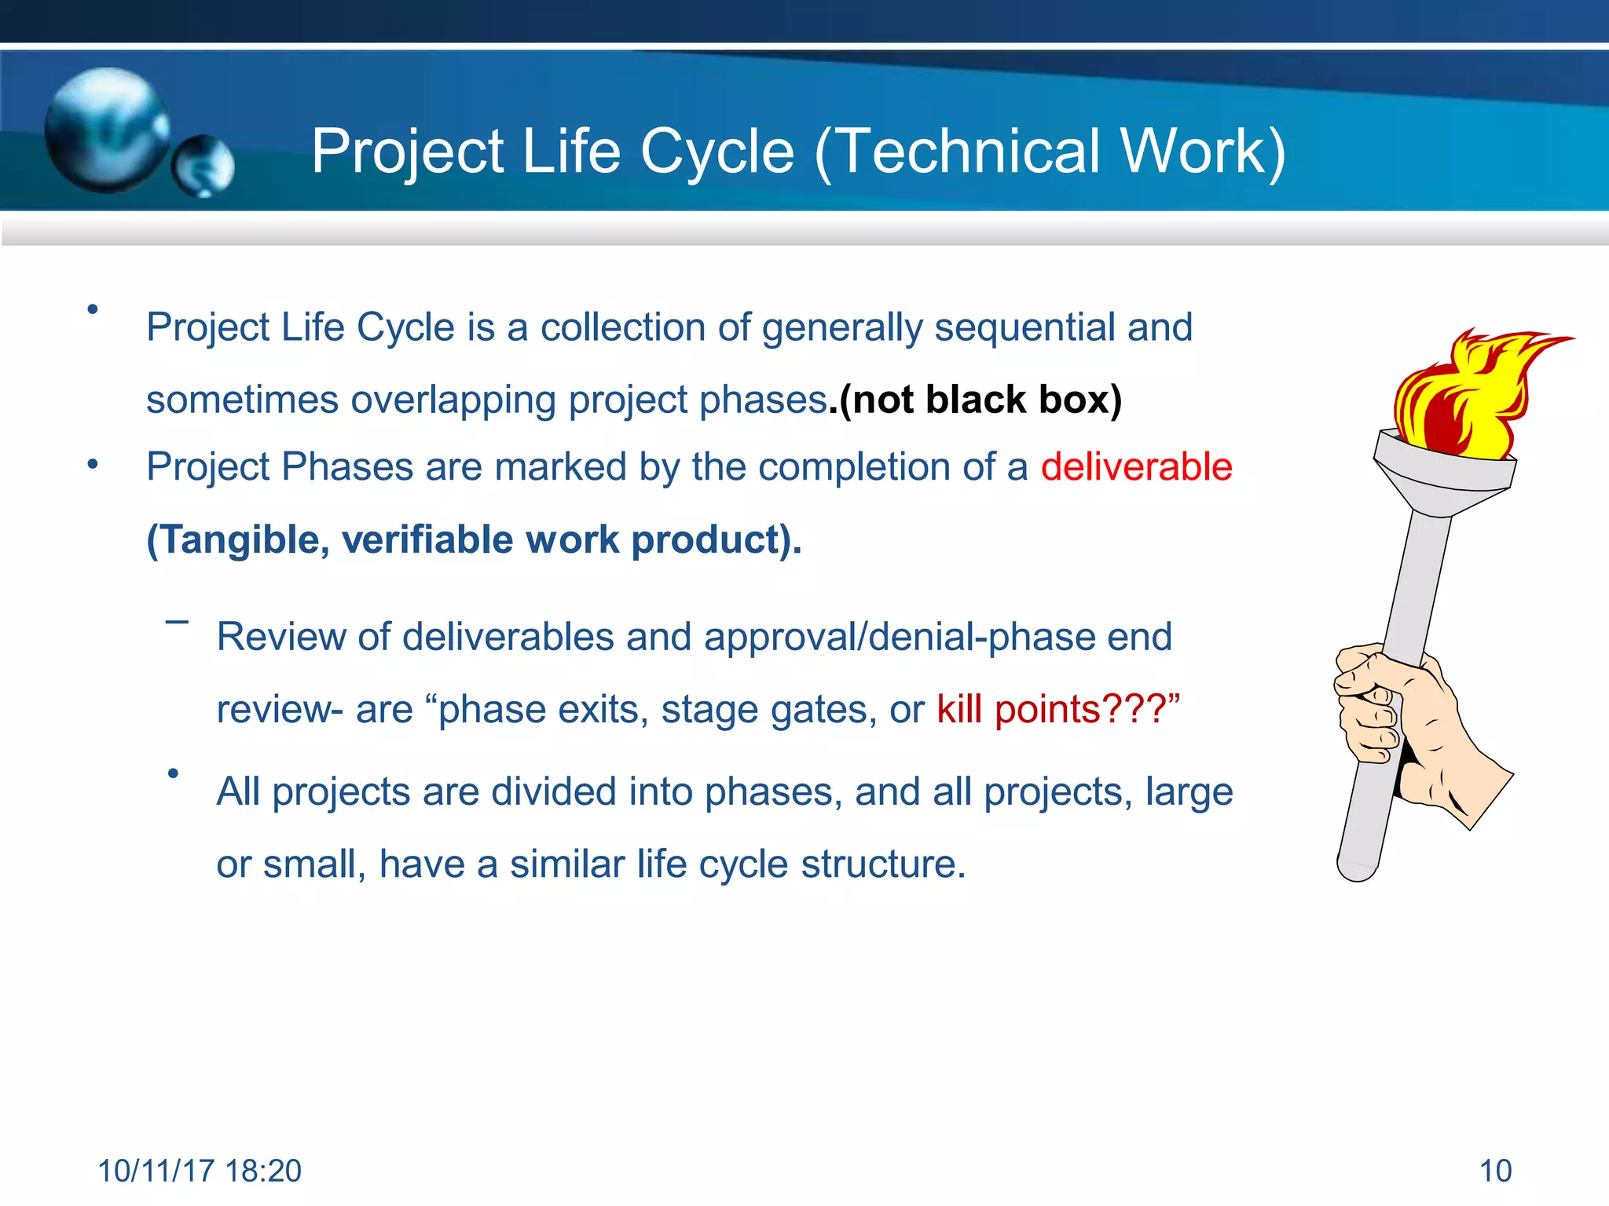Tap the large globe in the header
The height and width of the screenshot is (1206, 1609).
click(107, 130)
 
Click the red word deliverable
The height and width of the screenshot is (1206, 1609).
click(1136, 467)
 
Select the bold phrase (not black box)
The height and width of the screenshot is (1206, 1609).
click(980, 400)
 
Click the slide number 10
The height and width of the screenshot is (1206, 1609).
click(1495, 1171)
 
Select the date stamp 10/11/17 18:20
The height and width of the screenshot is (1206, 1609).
click(200, 1171)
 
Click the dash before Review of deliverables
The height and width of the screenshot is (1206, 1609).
click(177, 622)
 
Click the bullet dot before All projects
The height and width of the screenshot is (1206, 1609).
click(174, 774)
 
